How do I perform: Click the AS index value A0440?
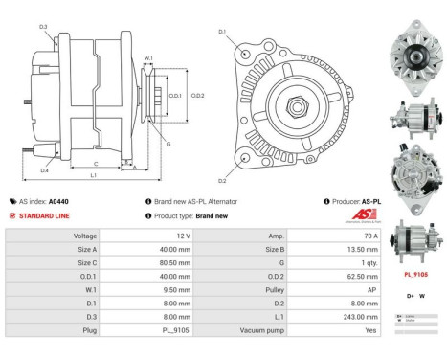(x=58, y=202)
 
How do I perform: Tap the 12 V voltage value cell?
(x=184, y=235)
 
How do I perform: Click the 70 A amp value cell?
(x=370, y=235)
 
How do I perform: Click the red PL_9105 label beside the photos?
(x=415, y=274)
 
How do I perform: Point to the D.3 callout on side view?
(x=44, y=26)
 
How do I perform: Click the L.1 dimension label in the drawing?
(x=93, y=176)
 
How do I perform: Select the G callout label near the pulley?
(x=168, y=145)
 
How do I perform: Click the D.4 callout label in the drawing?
(x=45, y=170)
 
